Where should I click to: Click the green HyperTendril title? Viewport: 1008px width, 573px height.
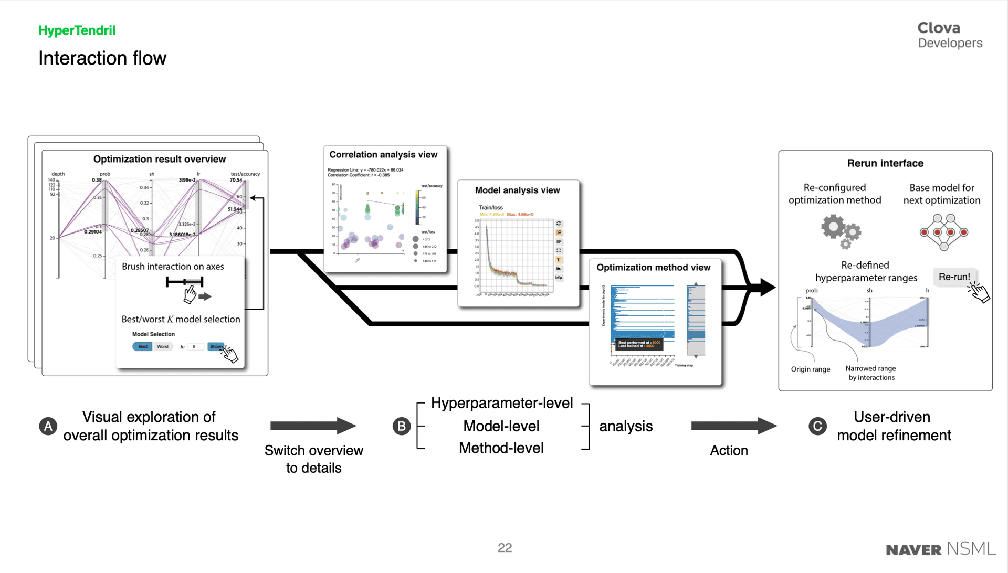(x=77, y=30)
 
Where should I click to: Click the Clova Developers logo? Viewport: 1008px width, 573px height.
(x=949, y=35)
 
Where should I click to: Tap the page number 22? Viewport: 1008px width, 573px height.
(x=505, y=548)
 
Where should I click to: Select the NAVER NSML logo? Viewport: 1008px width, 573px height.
(x=940, y=549)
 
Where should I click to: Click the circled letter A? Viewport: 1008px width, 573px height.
(x=48, y=426)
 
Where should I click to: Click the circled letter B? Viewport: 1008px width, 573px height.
(x=402, y=426)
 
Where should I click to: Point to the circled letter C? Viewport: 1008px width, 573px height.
(x=817, y=426)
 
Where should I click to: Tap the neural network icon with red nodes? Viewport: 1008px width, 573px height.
(x=943, y=231)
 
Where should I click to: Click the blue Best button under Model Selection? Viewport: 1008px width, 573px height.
(x=142, y=347)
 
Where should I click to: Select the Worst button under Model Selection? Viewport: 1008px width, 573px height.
(x=163, y=347)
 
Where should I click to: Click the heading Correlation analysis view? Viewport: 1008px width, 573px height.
(x=383, y=155)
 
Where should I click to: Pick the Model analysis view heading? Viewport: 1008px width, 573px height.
(x=517, y=190)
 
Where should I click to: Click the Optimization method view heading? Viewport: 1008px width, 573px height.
(x=653, y=268)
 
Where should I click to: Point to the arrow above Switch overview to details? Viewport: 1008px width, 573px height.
(x=313, y=426)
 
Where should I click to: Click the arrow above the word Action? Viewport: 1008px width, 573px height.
(x=733, y=426)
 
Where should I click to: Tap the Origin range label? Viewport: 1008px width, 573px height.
(x=810, y=369)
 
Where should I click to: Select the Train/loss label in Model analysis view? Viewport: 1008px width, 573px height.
(x=491, y=208)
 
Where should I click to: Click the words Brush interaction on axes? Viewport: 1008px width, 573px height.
(x=173, y=267)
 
